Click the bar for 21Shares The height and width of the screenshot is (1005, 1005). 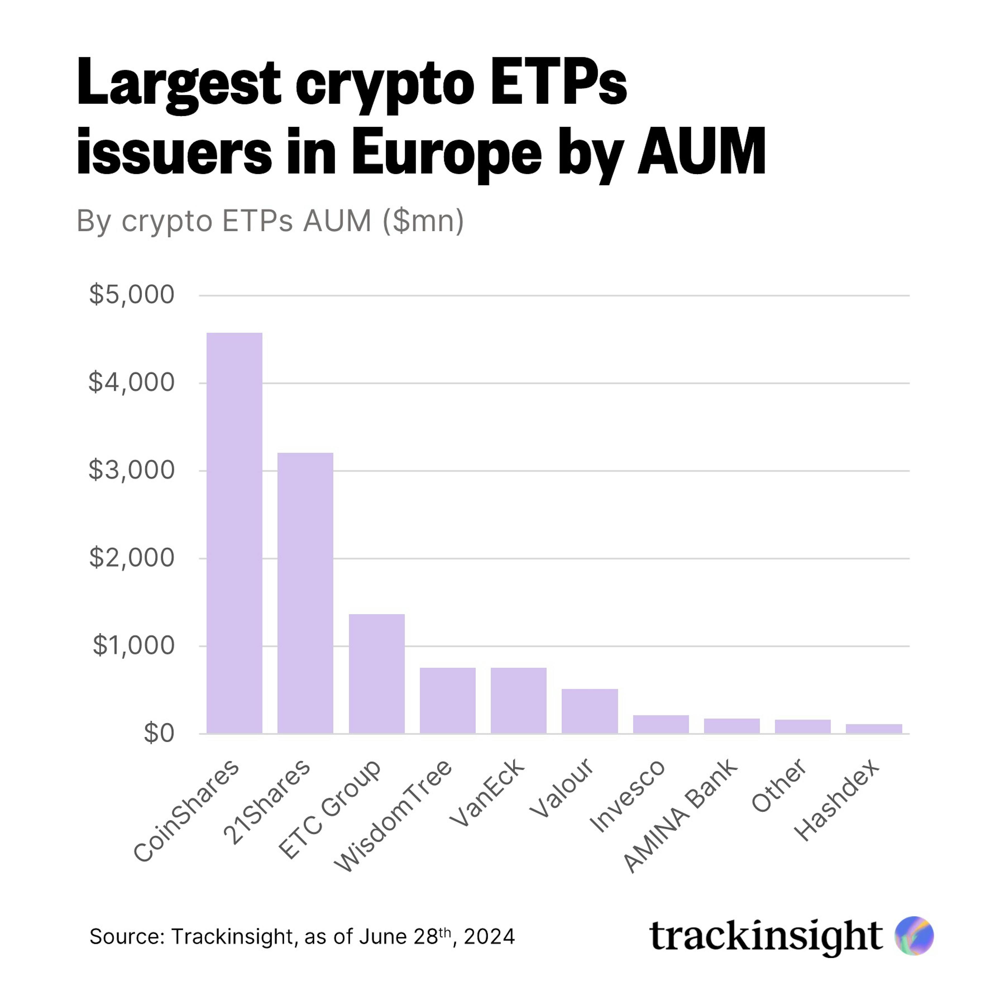305,593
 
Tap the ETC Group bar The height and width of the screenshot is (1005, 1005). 377,674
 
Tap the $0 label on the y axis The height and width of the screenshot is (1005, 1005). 159,733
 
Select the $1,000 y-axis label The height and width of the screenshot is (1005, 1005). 134,646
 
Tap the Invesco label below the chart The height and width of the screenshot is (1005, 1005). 627,796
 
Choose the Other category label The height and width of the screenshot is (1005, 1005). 779,785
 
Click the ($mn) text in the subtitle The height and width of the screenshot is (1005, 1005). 423,221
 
